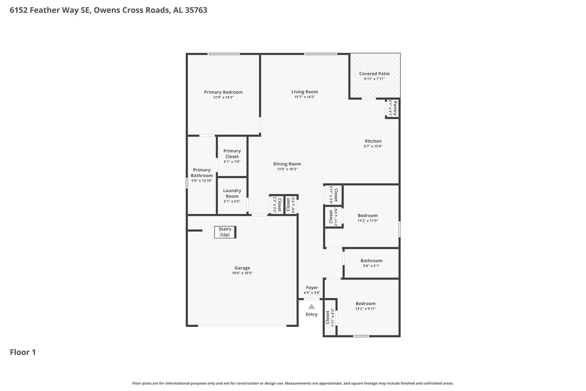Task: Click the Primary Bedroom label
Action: click(x=223, y=92)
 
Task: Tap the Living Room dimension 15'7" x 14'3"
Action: click(x=305, y=97)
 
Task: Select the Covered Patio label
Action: click(x=374, y=73)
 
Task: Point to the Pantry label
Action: click(x=395, y=108)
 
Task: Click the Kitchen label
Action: click(x=373, y=141)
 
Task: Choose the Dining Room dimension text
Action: click(x=287, y=169)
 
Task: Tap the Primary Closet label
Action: click(x=232, y=154)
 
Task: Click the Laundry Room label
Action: click(x=232, y=193)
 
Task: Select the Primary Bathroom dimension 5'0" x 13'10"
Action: click(x=202, y=181)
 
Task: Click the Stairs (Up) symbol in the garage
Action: click(x=225, y=232)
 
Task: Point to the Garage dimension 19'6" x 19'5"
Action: click(x=242, y=273)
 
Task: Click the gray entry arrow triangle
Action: click(x=311, y=306)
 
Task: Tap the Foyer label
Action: click(x=312, y=287)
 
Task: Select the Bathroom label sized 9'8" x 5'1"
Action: click(x=371, y=261)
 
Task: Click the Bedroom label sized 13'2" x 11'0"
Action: click(x=368, y=215)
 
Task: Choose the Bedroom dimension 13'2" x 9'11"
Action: click(x=365, y=309)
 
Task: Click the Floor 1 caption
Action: click(x=23, y=352)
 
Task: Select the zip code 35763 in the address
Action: click(x=196, y=10)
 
